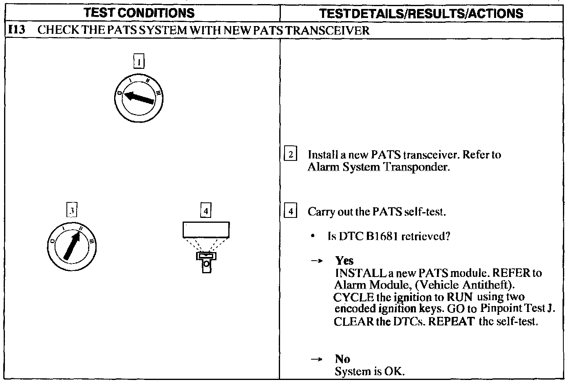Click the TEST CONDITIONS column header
(139, 13)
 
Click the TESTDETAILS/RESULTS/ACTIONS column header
(421, 13)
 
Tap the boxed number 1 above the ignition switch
(139, 62)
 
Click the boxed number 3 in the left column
(72, 211)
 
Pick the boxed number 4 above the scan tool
(206, 211)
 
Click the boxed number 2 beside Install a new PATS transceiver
(290, 155)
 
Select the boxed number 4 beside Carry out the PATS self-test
(290, 212)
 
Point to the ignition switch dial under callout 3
(72, 246)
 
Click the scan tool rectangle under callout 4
(206, 230)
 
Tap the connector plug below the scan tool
(206, 261)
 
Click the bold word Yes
(344, 261)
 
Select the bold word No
(342, 359)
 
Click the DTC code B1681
(382, 237)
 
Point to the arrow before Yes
(317, 261)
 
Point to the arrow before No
(317, 359)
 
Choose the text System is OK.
(369, 371)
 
